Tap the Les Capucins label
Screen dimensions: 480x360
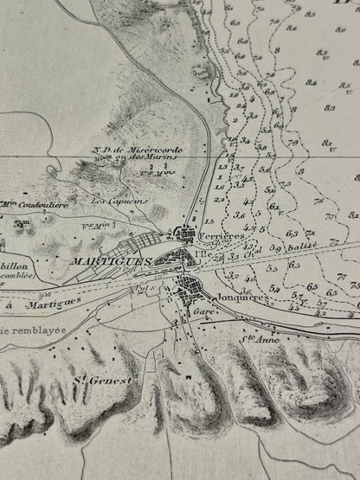(111, 200)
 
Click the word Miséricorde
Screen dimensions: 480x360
(157, 147)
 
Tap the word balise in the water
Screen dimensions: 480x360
(305, 247)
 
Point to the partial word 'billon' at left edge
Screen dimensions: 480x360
(17, 267)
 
